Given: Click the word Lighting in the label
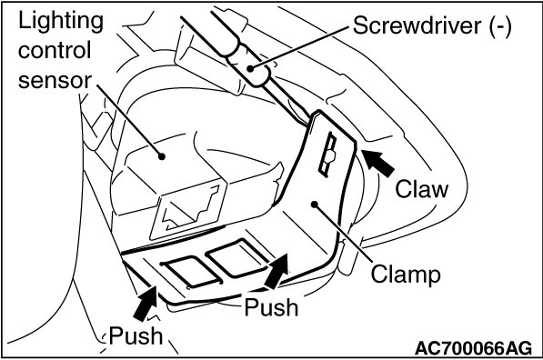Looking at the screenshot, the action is [x=61, y=22].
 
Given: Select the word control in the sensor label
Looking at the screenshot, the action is [x=55, y=50].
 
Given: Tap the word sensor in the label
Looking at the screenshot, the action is [x=55, y=80].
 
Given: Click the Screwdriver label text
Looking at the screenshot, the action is [x=417, y=25].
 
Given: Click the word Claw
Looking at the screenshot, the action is [x=421, y=189].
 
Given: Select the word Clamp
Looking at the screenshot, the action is [x=406, y=275].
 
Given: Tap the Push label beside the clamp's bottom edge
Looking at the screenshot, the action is [x=271, y=307].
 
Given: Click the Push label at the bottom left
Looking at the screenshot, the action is [x=136, y=335].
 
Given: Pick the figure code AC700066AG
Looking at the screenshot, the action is [x=473, y=347].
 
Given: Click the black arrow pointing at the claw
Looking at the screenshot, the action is [x=378, y=163].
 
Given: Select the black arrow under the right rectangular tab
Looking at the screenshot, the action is [x=277, y=271].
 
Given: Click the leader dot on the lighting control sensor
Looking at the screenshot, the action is [x=161, y=156].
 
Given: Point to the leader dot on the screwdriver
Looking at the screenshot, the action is [x=250, y=68].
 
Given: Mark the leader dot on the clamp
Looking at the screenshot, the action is [x=315, y=205].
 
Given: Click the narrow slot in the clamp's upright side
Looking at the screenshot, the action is [x=327, y=155].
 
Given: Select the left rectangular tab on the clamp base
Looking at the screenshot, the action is [x=192, y=272].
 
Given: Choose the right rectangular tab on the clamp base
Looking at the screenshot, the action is [x=237, y=257].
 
